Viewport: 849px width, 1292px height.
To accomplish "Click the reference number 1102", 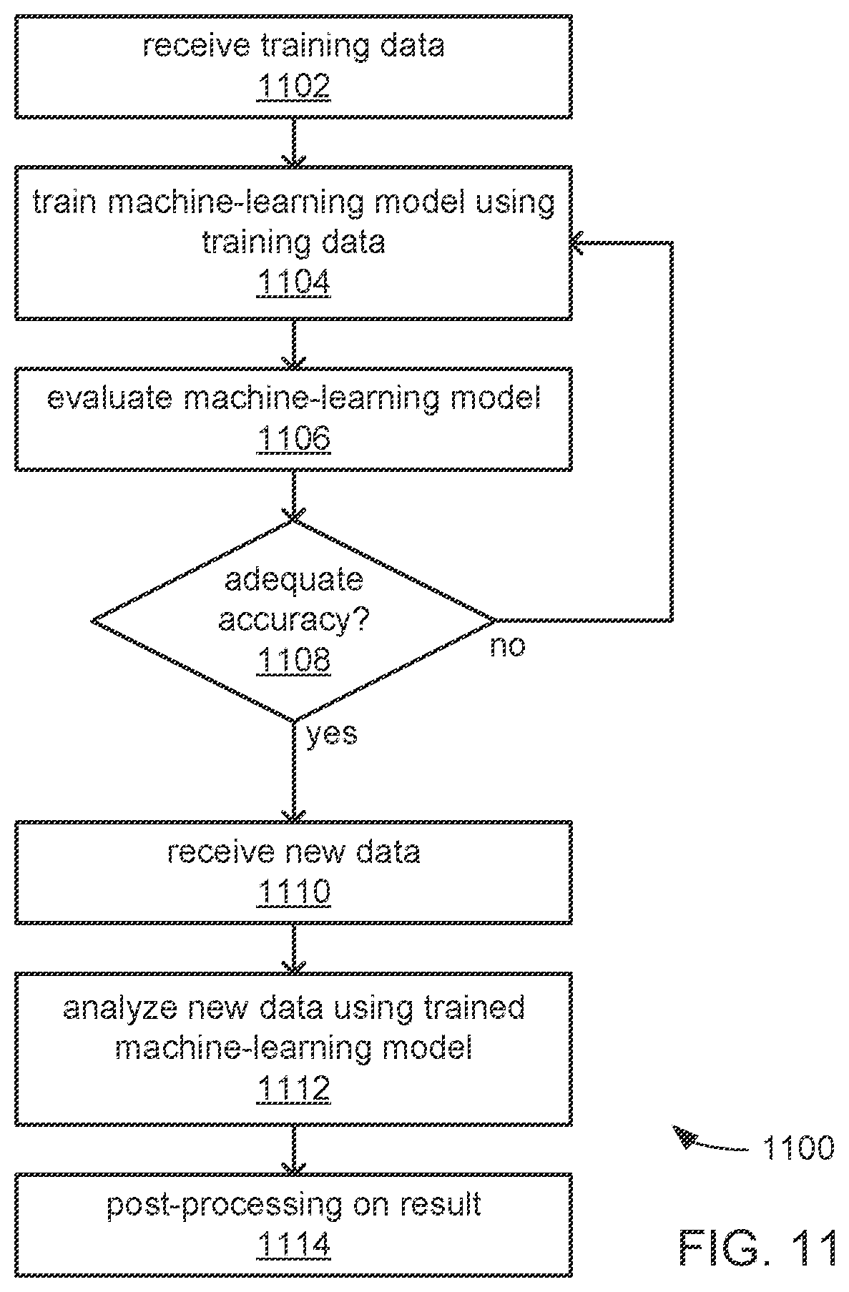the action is (293, 87).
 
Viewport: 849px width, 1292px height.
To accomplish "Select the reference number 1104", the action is (293, 283).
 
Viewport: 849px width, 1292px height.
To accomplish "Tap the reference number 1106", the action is (293, 438).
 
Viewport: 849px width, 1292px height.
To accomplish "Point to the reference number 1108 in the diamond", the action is (293, 660).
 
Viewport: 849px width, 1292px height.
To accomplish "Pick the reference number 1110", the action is (293, 892).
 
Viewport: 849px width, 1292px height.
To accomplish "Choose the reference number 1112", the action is (293, 1089).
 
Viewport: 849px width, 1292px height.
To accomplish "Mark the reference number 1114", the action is (293, 1245).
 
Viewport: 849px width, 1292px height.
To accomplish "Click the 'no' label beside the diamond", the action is (507, 647).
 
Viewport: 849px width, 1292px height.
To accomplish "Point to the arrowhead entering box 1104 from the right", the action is (577, 243).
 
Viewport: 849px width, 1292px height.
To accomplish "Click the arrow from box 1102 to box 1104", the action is (293, 142).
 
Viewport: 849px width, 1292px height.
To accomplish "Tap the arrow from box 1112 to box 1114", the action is (293, 1150).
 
